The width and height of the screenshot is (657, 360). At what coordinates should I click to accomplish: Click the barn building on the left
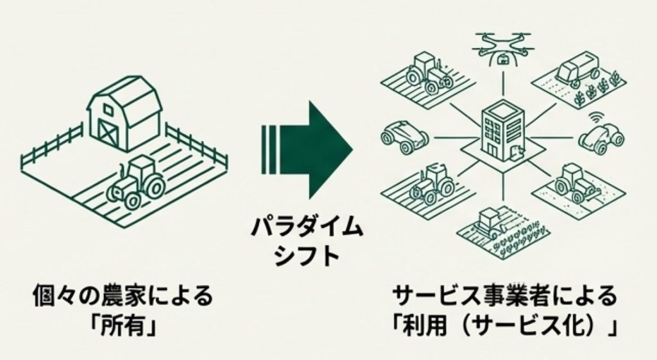point(124,114)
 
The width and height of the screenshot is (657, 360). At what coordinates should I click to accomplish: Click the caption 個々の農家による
point(123,297)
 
